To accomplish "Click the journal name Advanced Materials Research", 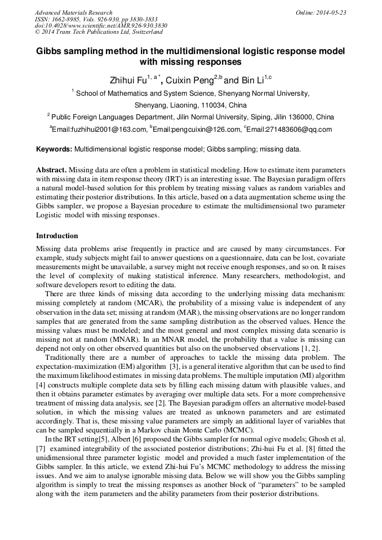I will [73, 12].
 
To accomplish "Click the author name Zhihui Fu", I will [128, 81].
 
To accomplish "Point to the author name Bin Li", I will [251, 81].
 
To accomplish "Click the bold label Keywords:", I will [54, 150].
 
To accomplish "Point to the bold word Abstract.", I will [52, 170].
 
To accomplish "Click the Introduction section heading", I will [57, 235].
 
